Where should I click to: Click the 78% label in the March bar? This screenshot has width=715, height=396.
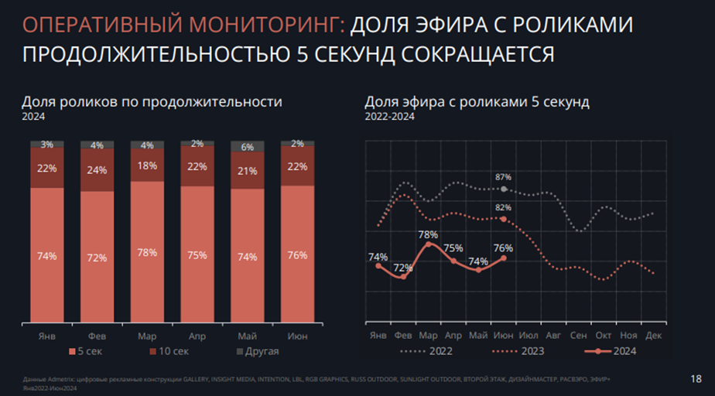tap(147, 253)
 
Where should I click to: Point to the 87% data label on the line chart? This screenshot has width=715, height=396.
tap(503, 178)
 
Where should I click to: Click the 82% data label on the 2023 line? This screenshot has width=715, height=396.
tap(503, 208)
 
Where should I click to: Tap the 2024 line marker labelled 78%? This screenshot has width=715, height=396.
tap(428, 244)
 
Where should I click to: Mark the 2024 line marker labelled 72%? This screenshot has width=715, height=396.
tap(403, 276)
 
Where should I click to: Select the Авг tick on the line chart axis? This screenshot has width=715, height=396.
tap(553, 335)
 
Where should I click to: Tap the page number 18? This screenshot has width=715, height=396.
tap(695, 378)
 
